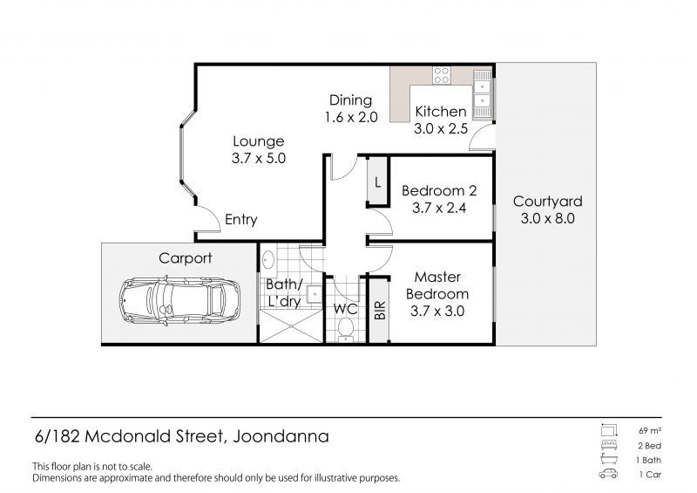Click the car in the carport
[x=179, y=302]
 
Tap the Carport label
[x=186, y=258]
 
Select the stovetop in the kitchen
[x=442, y=75]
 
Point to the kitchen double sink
[x=483, y=94]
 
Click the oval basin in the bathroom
[x=268, y=260]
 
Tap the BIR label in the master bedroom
[x=380, y=311]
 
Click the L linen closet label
[x=378, y=182]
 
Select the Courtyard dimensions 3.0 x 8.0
[x=548, y=219]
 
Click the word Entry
[x=241, y=220]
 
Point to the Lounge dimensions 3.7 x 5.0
[x=259, y=158]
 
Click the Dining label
[x=351, y=100]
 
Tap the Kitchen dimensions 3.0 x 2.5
[x=441, y=129]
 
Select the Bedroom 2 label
[x=439, y=191]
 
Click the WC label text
[x=345, y=309]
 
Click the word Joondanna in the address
[x=281, y=436]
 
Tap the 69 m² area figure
[x=650, y=431]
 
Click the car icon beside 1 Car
[x=608, y=474]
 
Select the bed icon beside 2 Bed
[x=608, y=445]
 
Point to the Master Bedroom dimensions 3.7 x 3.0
[x=437, y=311]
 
